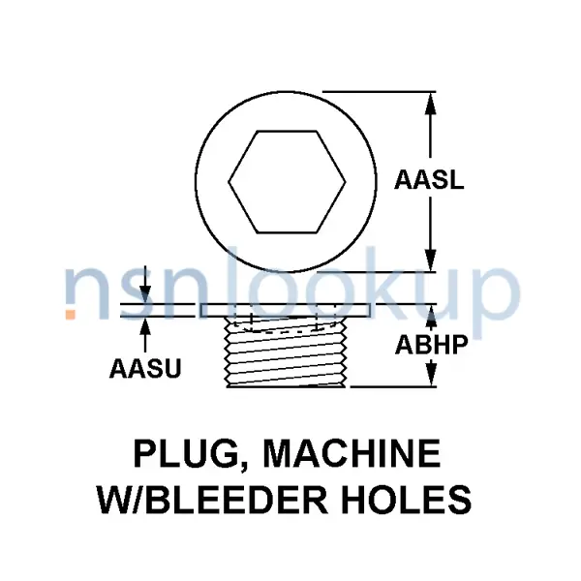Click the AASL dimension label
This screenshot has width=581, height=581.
429,180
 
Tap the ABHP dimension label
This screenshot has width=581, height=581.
431,344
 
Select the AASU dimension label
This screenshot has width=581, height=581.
145,368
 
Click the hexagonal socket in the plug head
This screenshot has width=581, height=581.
287,182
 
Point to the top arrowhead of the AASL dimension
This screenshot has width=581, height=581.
430,103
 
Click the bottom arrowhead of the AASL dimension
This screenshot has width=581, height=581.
430,260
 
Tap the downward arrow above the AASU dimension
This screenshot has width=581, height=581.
145,284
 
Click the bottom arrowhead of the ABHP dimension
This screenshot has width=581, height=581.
431,375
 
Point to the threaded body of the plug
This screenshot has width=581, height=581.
287,352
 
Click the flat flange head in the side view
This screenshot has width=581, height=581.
285,311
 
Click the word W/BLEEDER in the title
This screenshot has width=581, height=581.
212,500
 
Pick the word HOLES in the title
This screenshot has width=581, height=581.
407,500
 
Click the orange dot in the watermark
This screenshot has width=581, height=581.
71,314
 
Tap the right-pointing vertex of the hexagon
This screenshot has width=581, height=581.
346,182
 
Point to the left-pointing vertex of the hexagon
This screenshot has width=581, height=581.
229,182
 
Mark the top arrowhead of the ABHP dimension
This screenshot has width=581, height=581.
431,316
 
